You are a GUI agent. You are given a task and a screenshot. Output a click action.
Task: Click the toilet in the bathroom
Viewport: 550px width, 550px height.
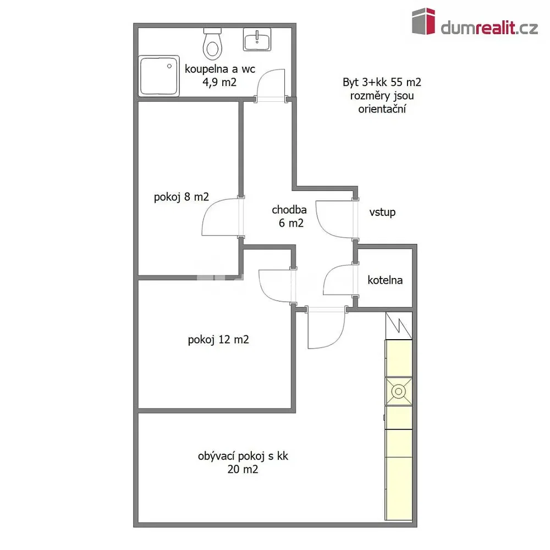click(212, 44)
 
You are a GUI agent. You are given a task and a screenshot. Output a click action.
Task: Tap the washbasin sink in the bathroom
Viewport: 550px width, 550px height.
click(257, 39)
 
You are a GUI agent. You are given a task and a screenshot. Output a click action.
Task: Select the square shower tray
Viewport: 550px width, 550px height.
click(159, 76)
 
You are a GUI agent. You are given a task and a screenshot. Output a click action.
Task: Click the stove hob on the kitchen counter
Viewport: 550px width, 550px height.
click(398, 391)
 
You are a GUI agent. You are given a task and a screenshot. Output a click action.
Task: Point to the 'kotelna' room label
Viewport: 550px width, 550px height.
click(385, 280)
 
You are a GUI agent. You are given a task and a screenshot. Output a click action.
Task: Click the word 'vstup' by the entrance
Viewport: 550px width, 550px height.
click(382, 212)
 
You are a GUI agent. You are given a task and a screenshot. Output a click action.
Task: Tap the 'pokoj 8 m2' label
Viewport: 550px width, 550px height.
click(182, 197)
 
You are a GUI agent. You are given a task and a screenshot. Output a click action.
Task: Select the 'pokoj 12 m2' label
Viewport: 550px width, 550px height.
click(218, 340)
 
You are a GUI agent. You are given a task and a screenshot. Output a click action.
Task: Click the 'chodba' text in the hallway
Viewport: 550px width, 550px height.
click(289, 210)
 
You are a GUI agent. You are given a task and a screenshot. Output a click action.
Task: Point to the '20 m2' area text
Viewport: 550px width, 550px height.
click(243, 469)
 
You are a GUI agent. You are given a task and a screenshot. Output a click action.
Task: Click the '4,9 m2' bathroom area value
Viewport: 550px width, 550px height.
click(219, 82)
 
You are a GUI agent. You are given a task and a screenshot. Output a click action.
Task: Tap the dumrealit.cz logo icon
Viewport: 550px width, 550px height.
click(424, 21)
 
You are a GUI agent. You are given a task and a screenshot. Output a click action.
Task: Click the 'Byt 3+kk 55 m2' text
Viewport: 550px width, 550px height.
click(382, 82)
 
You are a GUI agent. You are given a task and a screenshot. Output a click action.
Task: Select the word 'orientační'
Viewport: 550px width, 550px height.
click(382, 109)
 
